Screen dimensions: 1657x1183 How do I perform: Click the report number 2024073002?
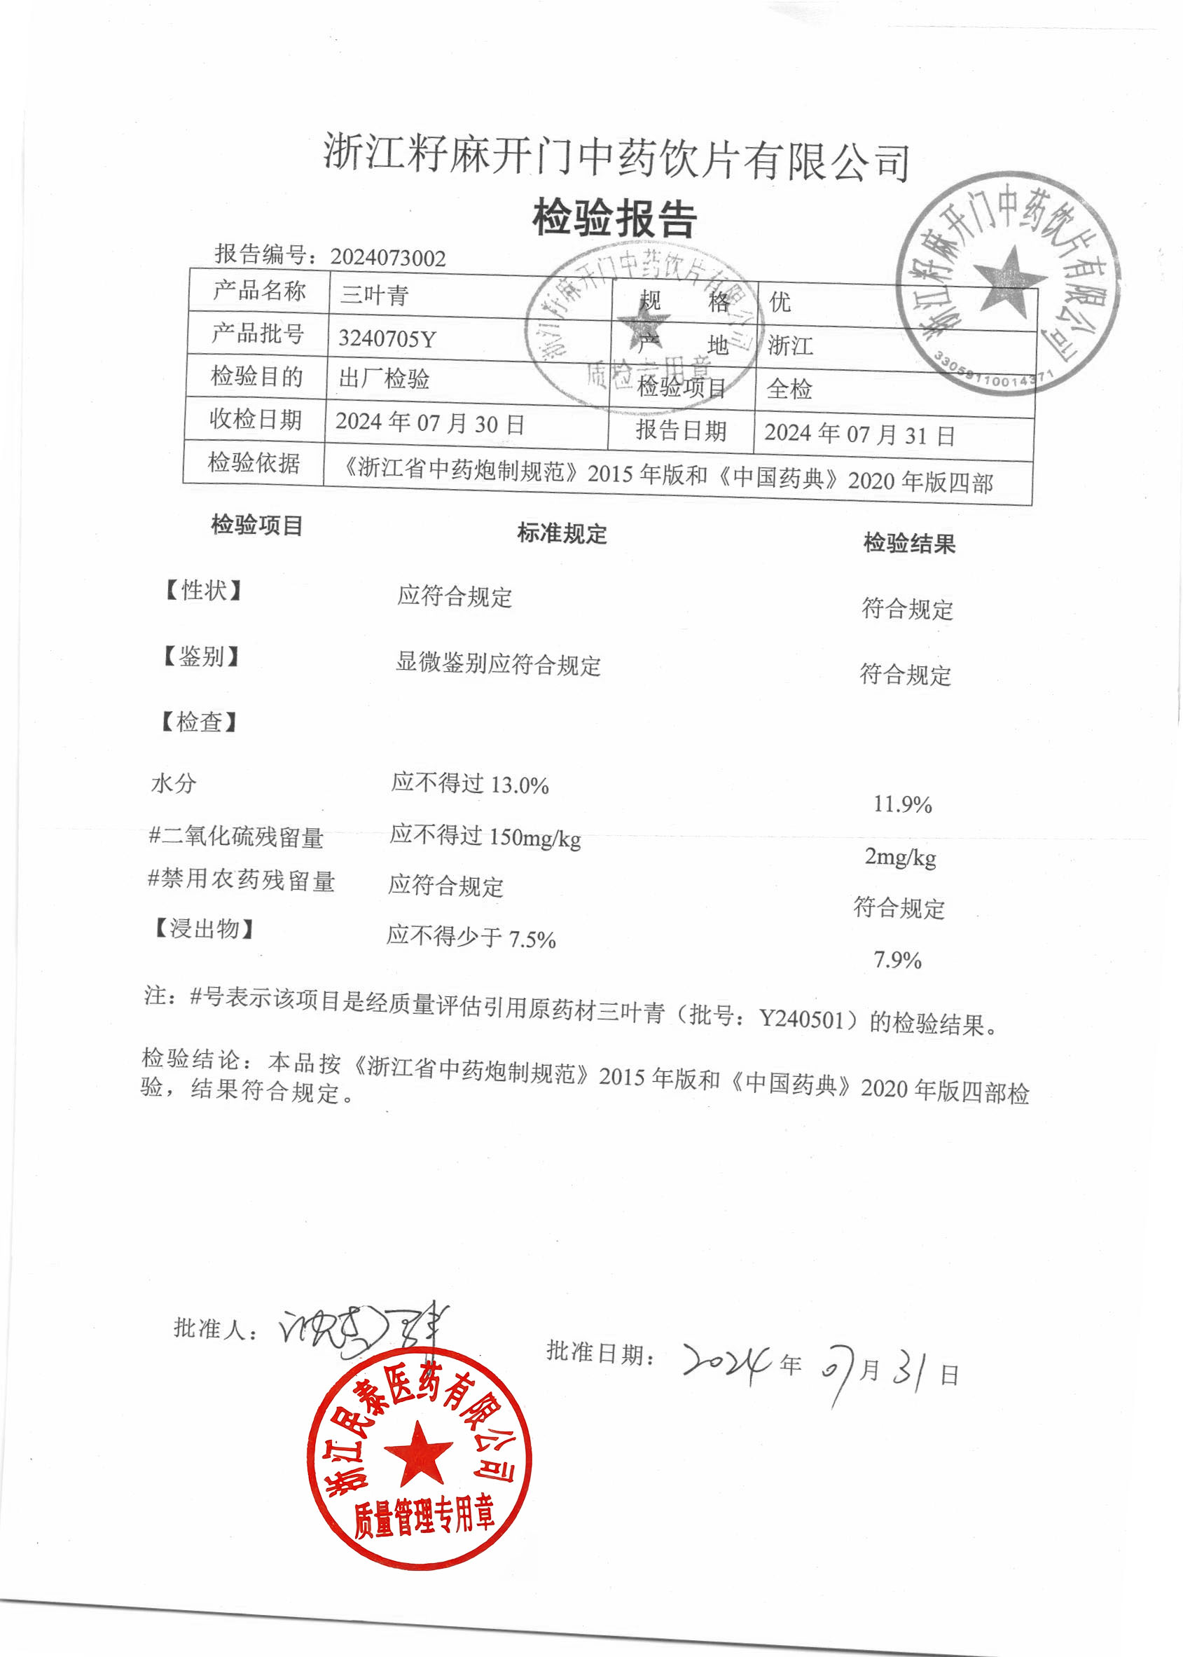(x=387, y=257)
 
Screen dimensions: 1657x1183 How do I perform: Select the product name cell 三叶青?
(x=375, y=296)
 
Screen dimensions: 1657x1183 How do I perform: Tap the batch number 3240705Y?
(x=387, y=339)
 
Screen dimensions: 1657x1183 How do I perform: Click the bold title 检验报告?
(x=615, y=219)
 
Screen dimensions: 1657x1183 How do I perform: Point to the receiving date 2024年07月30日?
(x=430, y=423)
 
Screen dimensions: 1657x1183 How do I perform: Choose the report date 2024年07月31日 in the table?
(x=859, y=434)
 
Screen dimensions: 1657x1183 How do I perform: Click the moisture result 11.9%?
(x=903, y=804)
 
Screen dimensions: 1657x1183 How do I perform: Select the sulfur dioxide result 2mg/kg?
(x=900, y=857)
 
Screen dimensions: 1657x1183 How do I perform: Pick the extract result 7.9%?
(x=897, y=960)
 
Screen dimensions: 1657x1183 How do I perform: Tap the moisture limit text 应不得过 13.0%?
(x=470, y=784)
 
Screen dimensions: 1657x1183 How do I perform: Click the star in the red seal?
(x=418, y=1454)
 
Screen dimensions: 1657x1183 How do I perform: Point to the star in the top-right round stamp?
(x=1009, y=278)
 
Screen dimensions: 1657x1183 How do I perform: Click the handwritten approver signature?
(x=361, y=1329)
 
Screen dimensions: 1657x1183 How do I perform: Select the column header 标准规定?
(x=562, y=533)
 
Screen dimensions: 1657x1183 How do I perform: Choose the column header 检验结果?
(x=909, y=543)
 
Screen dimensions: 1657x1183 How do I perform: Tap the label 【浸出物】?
(x=203, y=928)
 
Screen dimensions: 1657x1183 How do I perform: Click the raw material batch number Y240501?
(x=801, y=1018)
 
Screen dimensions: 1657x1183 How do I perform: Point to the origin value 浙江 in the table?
(x=790, y=345)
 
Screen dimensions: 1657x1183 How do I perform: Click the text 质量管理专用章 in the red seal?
(x=424, y=1517)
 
